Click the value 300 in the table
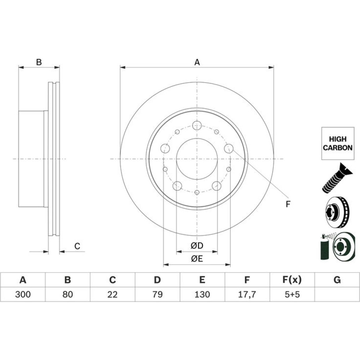coord(23,294)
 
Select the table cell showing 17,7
coord(247,294)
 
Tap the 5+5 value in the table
coord(292,294)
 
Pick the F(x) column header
coord(292,280)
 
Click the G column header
coord(337,280)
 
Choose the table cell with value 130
coord(202,294)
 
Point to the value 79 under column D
coord(157,294)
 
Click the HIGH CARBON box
coord(338,144)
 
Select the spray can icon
coord(324,247)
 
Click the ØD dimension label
coord(197,246)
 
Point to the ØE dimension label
coord(197,259)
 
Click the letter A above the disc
coord(197,62)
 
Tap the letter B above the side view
coord(39,62)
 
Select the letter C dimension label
coord(77,246)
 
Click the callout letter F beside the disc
coord(288,204)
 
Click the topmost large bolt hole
coord(197,125)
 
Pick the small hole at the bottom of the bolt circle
coord(197,192)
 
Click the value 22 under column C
coord(112,294)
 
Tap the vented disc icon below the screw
coord(337,212)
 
